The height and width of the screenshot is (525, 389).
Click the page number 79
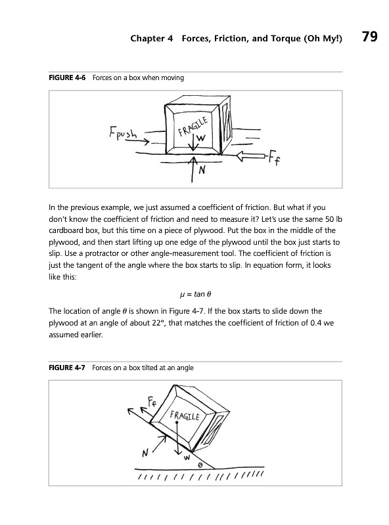tap(369, 36)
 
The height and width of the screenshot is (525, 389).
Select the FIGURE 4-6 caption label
tap(67, 77)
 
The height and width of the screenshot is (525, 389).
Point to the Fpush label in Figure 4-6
tap(123, 133)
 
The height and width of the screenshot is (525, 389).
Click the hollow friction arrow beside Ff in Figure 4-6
tap(252, 156)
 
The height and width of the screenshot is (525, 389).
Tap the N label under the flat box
tap(202, 171)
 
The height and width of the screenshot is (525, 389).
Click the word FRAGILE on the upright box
tap(193, 127)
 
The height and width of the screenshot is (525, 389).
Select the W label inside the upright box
tap(200, 138)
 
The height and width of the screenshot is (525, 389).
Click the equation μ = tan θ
tap(196, 294)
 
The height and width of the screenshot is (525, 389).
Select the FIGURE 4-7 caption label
tap(67, 367)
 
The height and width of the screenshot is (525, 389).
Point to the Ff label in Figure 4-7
tap(152, 400)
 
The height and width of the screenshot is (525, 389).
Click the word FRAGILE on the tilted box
tap(185, 415)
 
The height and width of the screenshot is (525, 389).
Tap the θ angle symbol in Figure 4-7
tap(200, 465)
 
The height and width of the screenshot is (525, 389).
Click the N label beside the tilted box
tap(145, 453)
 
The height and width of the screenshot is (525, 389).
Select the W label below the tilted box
tap(187, 457)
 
